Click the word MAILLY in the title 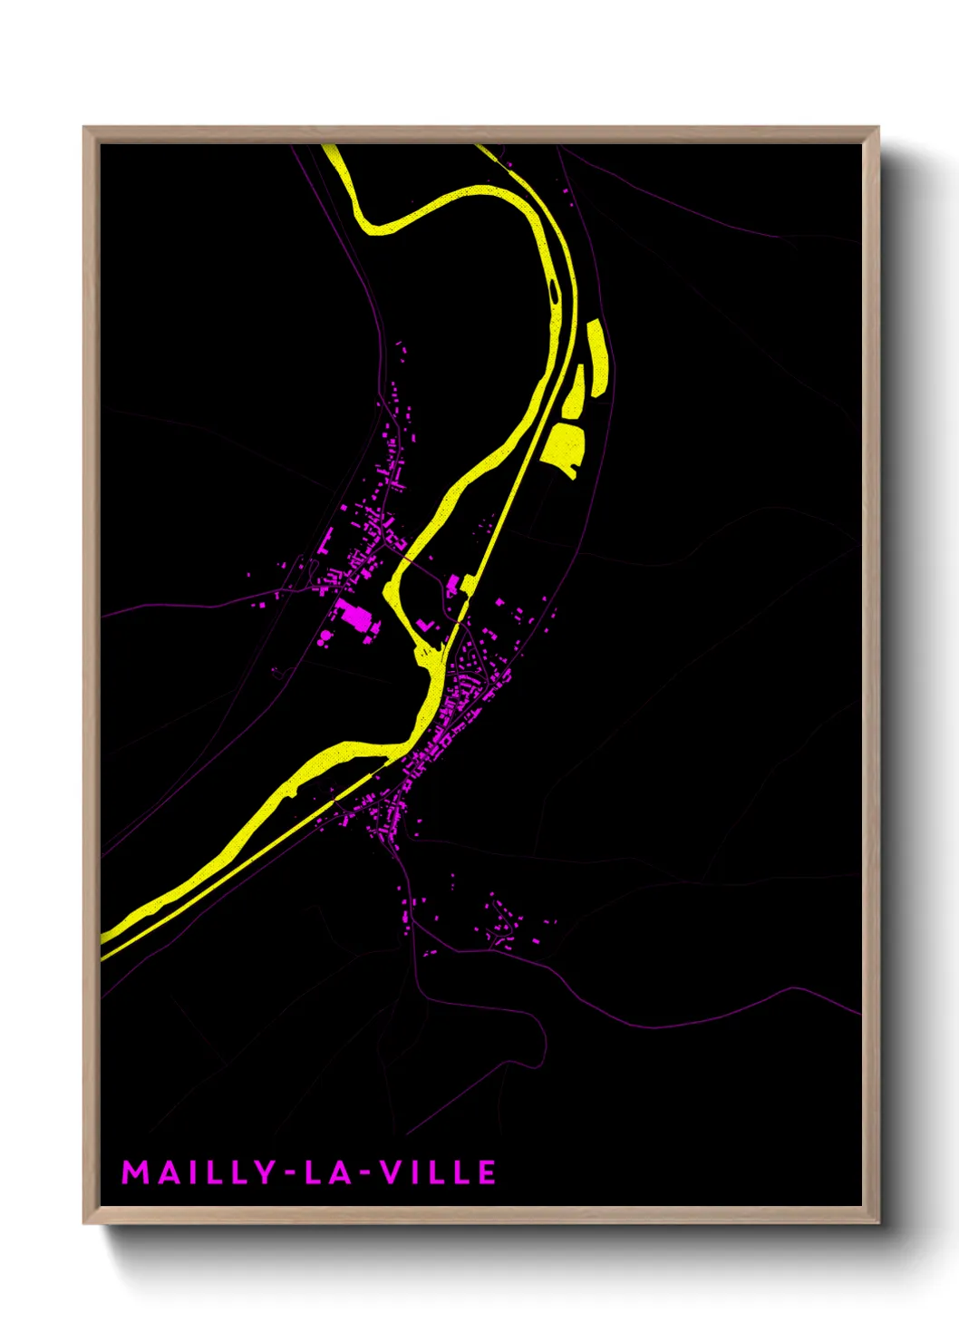pyautogui.click(x=198, y=1172)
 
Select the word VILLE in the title pyautogui.click(x=437, y=1172)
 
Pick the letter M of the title pyautogui.click(x=134, y=1172)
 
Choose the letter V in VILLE pyautogui.click(x=388, y=1172)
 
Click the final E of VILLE pyautogui.click(x=487, y=1172)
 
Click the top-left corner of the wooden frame pyautogui.click(x=85, y=129)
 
